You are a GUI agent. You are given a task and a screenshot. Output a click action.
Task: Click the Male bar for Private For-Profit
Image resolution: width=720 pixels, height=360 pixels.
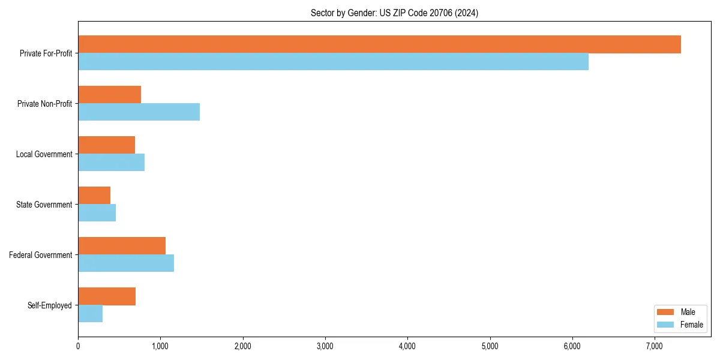[x=379, y=44]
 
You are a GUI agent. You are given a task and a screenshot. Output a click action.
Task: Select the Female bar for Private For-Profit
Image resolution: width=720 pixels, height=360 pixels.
[x=333, y=62]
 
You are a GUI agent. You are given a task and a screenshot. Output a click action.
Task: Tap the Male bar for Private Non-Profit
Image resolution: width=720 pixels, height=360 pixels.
[x=109, y=95]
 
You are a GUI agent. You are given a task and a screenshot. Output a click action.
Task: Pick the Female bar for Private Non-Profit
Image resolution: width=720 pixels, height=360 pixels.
[x=139, y=112]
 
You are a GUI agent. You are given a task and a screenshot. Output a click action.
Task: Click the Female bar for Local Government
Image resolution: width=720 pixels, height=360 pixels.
[x=111, y=163]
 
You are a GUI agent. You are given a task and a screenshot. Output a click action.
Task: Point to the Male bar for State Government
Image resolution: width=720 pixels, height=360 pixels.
[x=94, y=196]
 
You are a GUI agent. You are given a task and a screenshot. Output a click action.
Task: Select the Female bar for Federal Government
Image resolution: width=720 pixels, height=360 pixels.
[x=126, y=263]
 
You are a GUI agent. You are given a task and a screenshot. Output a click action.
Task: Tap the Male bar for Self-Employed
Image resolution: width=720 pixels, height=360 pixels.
[x=107, y=296]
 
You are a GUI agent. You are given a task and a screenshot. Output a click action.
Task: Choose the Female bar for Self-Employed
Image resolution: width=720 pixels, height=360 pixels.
[x=90, y=314]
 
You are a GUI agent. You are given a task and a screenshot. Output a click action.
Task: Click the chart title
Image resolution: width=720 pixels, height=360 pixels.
[x=394, y=13]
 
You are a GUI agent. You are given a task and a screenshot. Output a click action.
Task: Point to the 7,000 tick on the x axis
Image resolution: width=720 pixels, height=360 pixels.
[x=655, y=346]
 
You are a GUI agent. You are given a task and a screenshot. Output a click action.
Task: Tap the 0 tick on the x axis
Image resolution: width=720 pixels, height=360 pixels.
[x=78, y=346]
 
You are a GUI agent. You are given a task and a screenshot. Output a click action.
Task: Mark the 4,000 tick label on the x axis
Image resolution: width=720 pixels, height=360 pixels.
[x=407, y=346]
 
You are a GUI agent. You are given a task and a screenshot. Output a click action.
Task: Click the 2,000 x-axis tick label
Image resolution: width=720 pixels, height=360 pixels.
[x=242, y=346]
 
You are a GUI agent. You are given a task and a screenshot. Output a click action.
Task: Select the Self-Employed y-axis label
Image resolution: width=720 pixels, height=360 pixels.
[x=50, y=305]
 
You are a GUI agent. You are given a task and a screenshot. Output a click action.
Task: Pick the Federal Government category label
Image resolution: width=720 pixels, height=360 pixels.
[x=41, y=255]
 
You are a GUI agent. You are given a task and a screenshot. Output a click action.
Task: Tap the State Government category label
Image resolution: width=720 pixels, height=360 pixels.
[x=44, y=205]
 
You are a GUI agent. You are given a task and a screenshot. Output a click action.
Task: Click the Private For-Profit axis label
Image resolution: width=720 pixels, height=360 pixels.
[x=46, y=53]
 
